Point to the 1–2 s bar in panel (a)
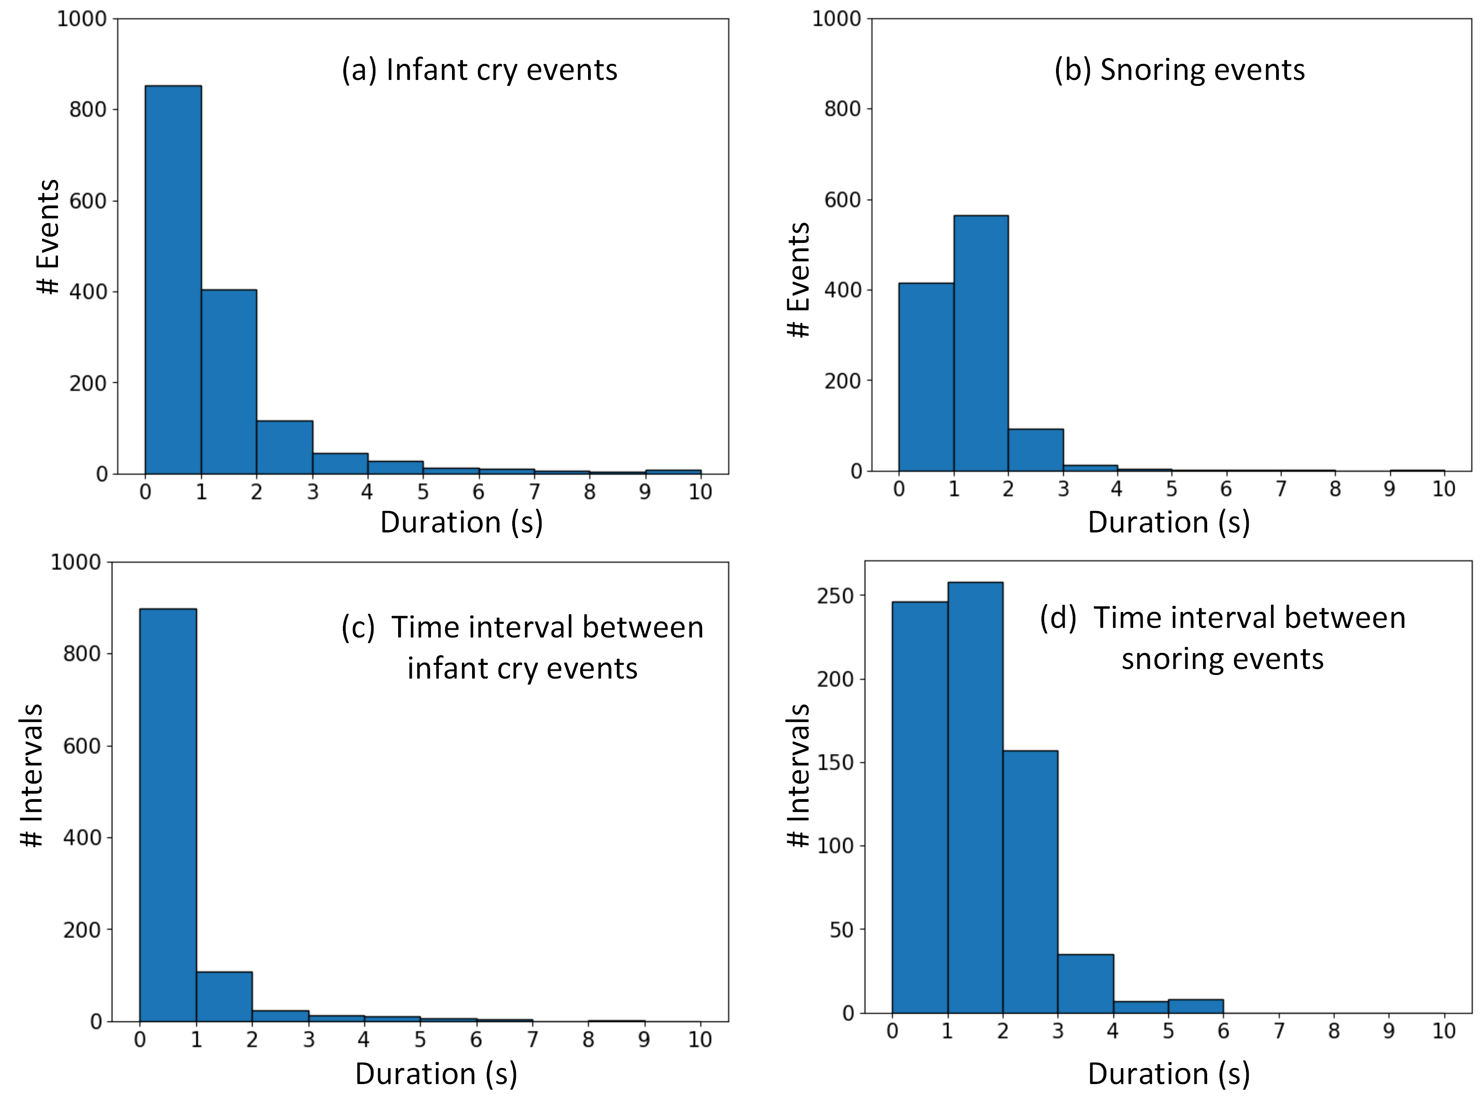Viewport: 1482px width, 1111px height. click(x=228, y=382)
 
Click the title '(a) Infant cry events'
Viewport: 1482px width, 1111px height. click(x=479, y=70)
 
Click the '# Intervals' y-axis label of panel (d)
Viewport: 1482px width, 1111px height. click(x=797, y=775)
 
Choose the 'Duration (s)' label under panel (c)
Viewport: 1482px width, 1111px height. click(x=436, y=1074)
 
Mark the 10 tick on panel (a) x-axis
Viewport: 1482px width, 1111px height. click(x=700, y=493)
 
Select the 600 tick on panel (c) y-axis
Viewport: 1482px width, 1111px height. click(x=82, y=746)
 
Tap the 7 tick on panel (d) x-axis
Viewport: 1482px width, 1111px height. click(x=1278, y=1031)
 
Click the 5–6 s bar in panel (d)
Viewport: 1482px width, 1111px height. click(x=1195, y=1006)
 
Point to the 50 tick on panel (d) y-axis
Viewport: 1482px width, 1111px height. click(x=841, y=929)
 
